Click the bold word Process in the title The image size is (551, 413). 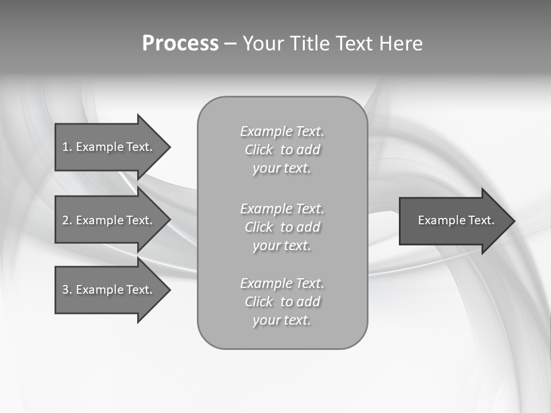point(180,44)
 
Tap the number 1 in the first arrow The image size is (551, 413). point(65,147)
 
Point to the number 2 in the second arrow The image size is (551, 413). point(65,220)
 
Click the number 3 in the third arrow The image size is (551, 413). point(65,290)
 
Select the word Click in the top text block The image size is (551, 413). point(258,150)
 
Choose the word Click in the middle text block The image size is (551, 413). point(258,227)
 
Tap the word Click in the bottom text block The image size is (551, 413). point(258,302)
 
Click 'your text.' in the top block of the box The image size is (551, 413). point(282,169)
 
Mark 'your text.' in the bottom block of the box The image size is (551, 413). point(282,321)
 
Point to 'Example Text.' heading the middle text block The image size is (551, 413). point(282,208)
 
